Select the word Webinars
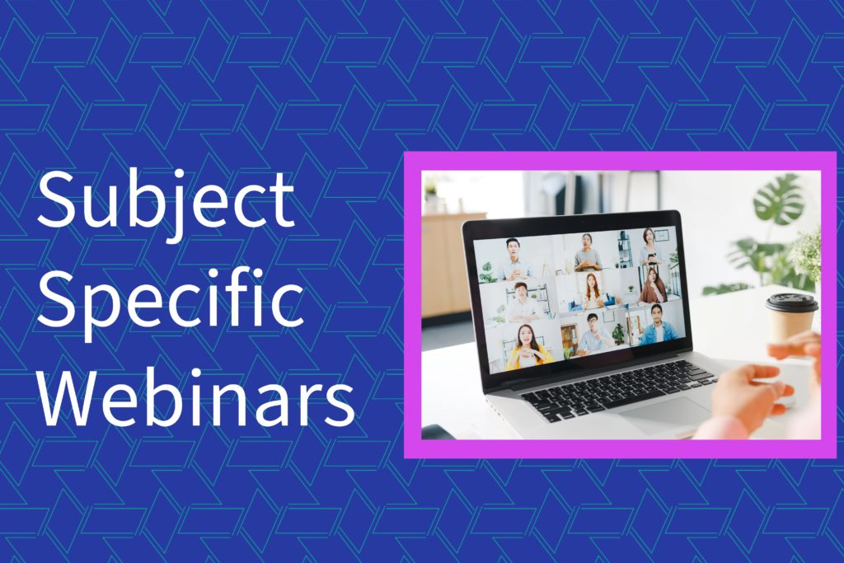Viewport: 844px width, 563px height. click(196, 397)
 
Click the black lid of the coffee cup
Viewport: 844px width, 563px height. click(791, 303)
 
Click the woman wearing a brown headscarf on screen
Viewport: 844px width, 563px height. click(653, 286)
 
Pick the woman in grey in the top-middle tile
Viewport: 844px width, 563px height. click(587, 252)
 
